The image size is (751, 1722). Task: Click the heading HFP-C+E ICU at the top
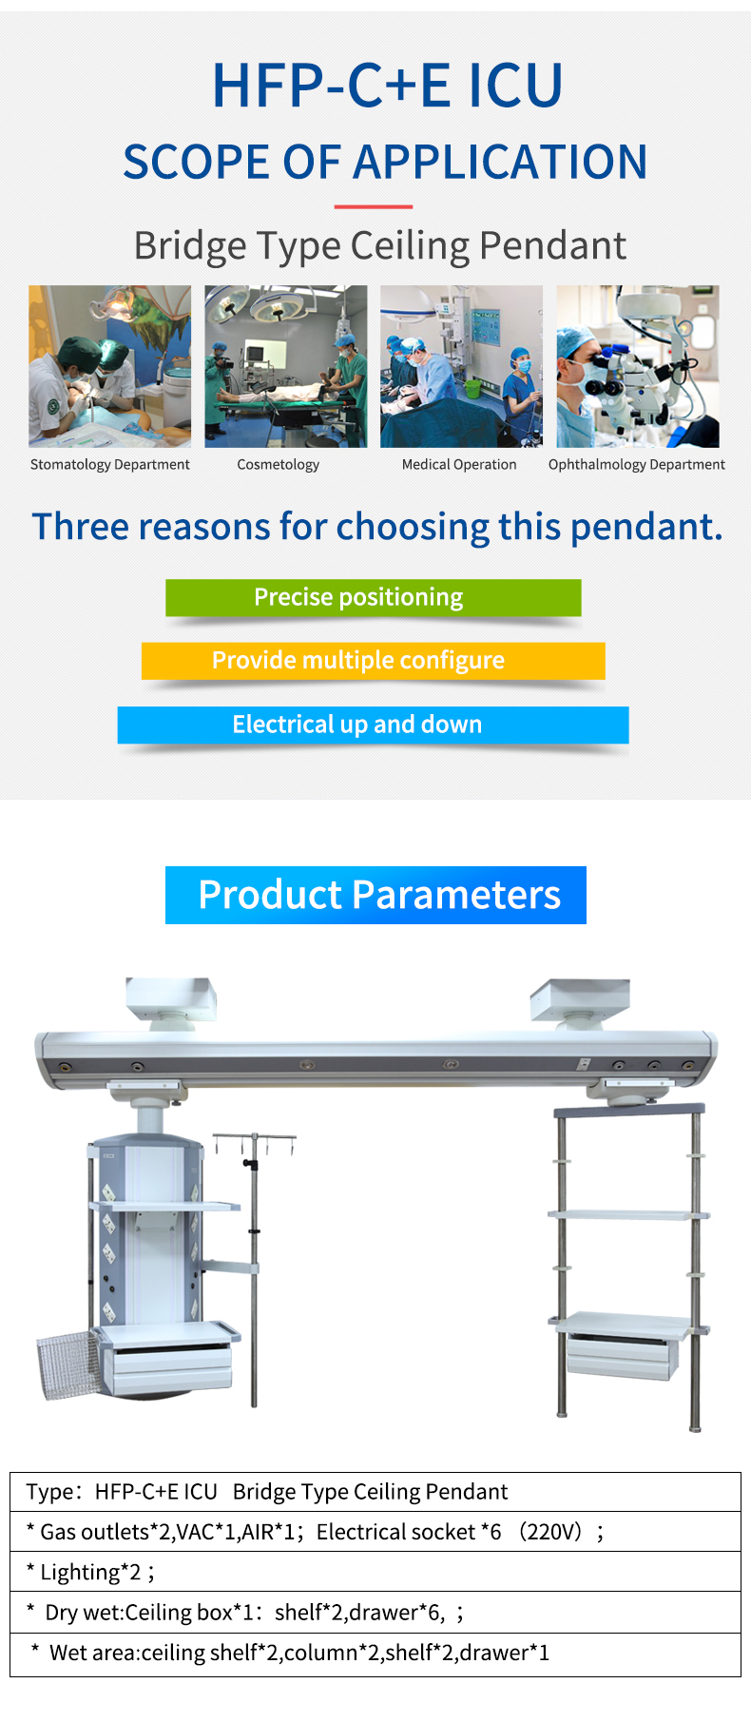click(x=387, y=85)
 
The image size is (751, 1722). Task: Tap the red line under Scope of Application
click(x=374, y=206)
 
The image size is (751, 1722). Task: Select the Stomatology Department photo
click(x=109, y=366)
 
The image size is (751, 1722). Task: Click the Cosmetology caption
click(x=279, y=464)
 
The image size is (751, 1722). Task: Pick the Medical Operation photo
click(x=462, y=366)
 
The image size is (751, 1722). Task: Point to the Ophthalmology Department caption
click(x=637, y=464)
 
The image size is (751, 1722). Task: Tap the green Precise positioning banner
click(x=374, y=597)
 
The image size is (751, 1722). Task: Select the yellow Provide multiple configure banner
click(x=374, y=660)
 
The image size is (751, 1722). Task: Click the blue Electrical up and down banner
click(x=374, y=725)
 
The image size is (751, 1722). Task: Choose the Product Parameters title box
click(x=375, y=895)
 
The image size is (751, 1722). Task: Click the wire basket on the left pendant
click(x=69, y=1364)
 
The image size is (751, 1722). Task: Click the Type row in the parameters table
click(x=375, y=1492)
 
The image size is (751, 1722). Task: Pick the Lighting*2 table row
click(x=375, y=1572)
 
